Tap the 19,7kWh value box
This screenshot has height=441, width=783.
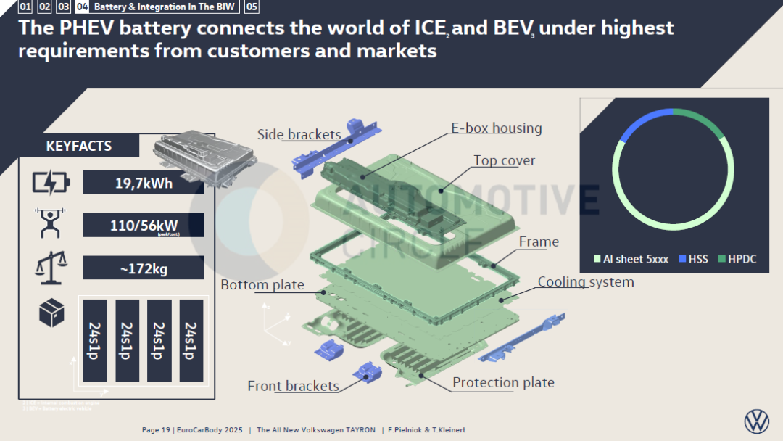(144, 183)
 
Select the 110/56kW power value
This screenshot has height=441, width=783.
(144, 226)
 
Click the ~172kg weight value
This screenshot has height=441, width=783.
(144, 268)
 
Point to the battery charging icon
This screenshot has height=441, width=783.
(51, 182)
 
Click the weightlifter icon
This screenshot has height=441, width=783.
(50, 223)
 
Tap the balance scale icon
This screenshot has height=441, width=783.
(51, 267)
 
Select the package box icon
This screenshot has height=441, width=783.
(51, 313)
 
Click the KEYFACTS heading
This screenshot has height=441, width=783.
(79, 146)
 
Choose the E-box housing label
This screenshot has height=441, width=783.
(497, 128)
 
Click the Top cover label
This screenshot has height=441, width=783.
(505, 160)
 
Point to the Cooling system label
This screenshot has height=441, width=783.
(586, 281)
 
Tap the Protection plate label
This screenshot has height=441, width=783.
(503, 382)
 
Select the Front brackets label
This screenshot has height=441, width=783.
(293, 386)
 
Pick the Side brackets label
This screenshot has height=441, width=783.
(299, 134)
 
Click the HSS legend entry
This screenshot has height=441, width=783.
(694, 259)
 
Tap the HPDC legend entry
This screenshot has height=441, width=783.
(737, 259)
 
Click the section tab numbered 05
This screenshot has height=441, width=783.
(252, 7)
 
